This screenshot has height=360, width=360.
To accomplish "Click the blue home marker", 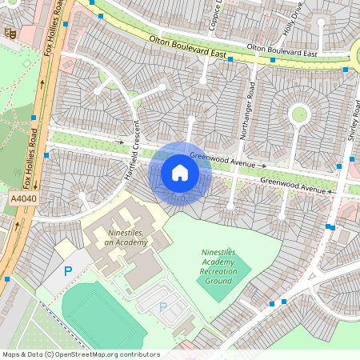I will point(180,173).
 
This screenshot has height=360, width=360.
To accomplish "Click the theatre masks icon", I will point(10,33).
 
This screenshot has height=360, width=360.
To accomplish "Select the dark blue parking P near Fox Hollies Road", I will point(68,271).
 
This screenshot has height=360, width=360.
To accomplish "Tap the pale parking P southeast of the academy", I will point(163,306).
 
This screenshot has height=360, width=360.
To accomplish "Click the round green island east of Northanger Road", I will point(299,114).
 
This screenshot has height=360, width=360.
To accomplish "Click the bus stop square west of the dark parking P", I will point(6,279).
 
